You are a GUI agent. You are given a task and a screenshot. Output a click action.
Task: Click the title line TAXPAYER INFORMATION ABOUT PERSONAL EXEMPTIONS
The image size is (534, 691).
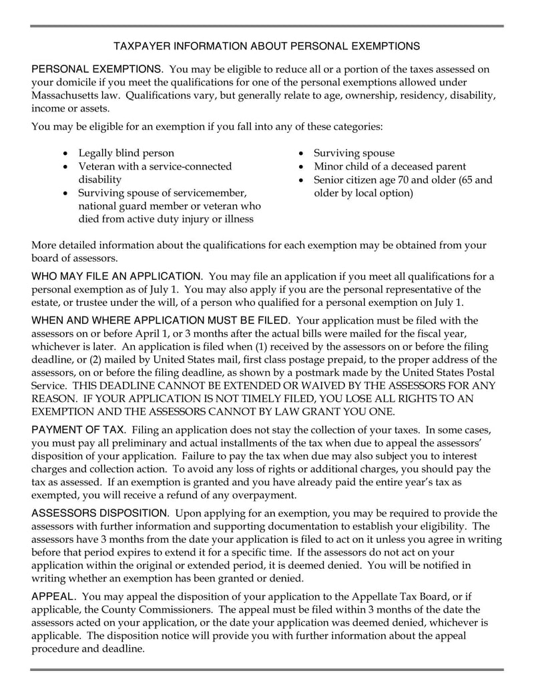(266, 46)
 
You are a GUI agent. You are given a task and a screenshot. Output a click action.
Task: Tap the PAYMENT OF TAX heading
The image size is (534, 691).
(77, 429)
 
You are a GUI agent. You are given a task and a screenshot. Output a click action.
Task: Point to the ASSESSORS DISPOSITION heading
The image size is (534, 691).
(100, 513)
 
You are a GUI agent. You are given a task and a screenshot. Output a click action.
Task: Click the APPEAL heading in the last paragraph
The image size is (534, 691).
(54, 596)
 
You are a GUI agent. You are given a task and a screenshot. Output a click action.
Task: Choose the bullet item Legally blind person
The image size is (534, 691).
(126, 153)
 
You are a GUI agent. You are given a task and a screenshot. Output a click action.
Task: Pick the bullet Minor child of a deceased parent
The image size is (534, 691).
(390, 166)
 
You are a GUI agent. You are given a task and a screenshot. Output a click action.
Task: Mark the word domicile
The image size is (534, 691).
(77, 82)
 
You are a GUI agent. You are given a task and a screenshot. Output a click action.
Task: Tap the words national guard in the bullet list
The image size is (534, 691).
(109, 206)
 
